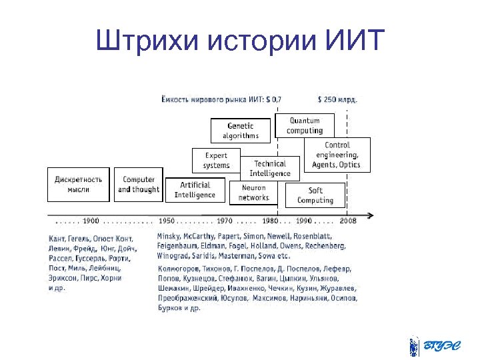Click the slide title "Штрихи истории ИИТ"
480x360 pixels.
coord(240,41)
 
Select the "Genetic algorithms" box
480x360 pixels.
coord(240,131)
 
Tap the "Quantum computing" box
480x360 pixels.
coord(304,125)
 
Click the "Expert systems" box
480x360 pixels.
coord(216,160)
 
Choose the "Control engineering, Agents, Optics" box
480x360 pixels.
coord(337,155)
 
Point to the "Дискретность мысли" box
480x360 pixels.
coord(78,184)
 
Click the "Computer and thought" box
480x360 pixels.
coord(139,184)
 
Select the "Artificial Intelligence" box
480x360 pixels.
coord(195,190)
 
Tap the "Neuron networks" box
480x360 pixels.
coord(253,193)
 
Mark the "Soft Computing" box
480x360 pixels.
coord(315,195)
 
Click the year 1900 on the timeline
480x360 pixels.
coord(91,221)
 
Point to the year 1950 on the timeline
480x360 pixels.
coord(167,221)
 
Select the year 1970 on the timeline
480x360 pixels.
coord(225,221)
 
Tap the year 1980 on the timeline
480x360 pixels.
coord(270,221)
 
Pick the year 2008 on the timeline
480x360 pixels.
coord(348,221)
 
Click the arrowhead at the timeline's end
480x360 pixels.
coord(370,215)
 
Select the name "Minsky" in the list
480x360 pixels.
coord(169,237)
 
